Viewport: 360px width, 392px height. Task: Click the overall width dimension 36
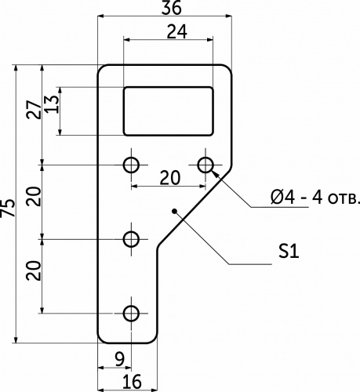171,8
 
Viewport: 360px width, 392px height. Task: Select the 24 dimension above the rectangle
177,32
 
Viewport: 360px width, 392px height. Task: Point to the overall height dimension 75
8,208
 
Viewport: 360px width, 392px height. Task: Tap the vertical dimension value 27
34,110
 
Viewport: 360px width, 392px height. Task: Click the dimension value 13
51,104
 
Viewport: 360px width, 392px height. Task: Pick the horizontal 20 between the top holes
170,178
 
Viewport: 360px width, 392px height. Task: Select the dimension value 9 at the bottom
119,360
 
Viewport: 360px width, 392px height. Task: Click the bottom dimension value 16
132,381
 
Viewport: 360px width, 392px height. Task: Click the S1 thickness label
289,252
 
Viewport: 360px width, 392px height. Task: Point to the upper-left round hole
131,165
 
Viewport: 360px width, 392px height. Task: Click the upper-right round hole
205,165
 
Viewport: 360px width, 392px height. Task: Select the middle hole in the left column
131,239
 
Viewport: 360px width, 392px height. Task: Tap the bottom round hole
131,314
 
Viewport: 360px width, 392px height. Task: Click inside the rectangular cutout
169,111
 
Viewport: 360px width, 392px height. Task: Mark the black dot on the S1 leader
174,211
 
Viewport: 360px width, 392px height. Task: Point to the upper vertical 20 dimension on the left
34,197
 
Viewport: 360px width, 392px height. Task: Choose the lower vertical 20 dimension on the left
34,270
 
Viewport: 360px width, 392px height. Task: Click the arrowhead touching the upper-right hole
214,173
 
